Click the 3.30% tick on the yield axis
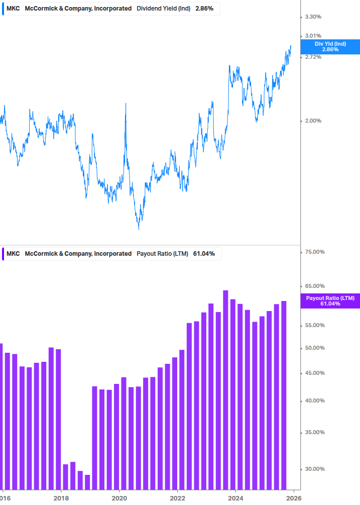[x=313, y=17]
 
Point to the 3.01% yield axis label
[x=313, y=36]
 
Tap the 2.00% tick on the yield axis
[x=313, y=121]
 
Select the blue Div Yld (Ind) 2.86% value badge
[x=330, y=47]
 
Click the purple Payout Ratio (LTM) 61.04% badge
[x=330, y=301]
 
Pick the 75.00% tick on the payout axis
[x=315, y=252]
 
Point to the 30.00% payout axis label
[x=315, y=469]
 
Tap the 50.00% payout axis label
[x=315, y=348]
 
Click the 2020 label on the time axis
[x=119, y=498]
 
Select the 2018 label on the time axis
[x=61, y=498]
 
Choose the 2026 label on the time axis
[x=294, y=498]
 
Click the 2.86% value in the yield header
[x=204, y=9]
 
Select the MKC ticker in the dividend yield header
[x=13, y=9]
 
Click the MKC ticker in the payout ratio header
[x=13, y=254]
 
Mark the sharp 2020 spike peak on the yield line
[x=125, y=104]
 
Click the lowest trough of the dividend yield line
[x=139, y=229]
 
